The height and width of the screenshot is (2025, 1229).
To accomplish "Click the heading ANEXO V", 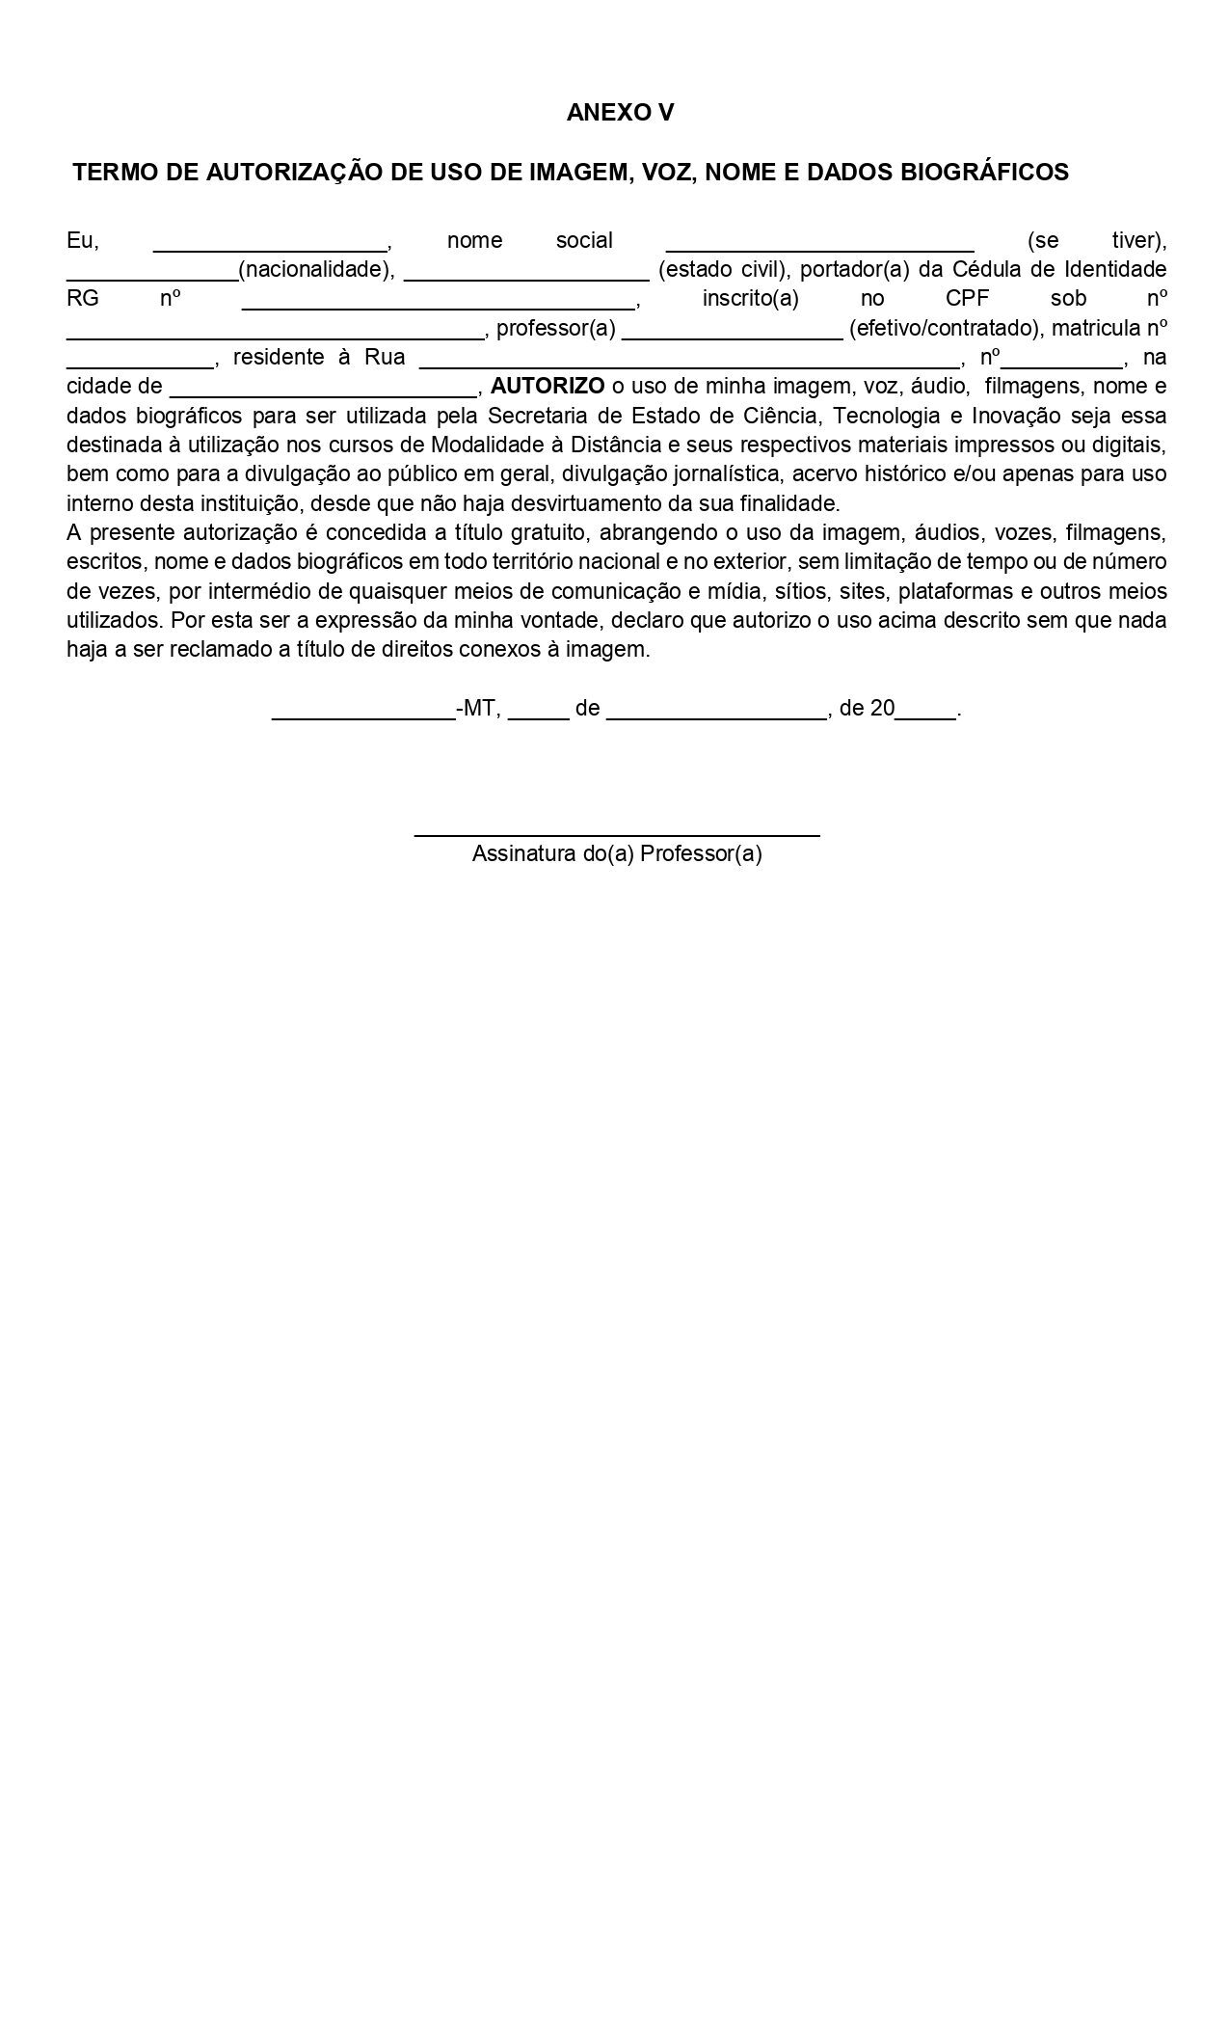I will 620,113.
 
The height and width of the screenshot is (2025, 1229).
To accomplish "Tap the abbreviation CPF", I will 967,299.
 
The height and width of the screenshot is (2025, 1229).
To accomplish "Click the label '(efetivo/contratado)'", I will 946,329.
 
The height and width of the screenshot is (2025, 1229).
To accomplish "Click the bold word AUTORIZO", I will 548,387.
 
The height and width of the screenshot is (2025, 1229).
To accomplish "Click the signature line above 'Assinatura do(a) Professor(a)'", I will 617,832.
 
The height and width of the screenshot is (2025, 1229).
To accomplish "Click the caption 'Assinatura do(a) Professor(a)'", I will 617,854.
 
